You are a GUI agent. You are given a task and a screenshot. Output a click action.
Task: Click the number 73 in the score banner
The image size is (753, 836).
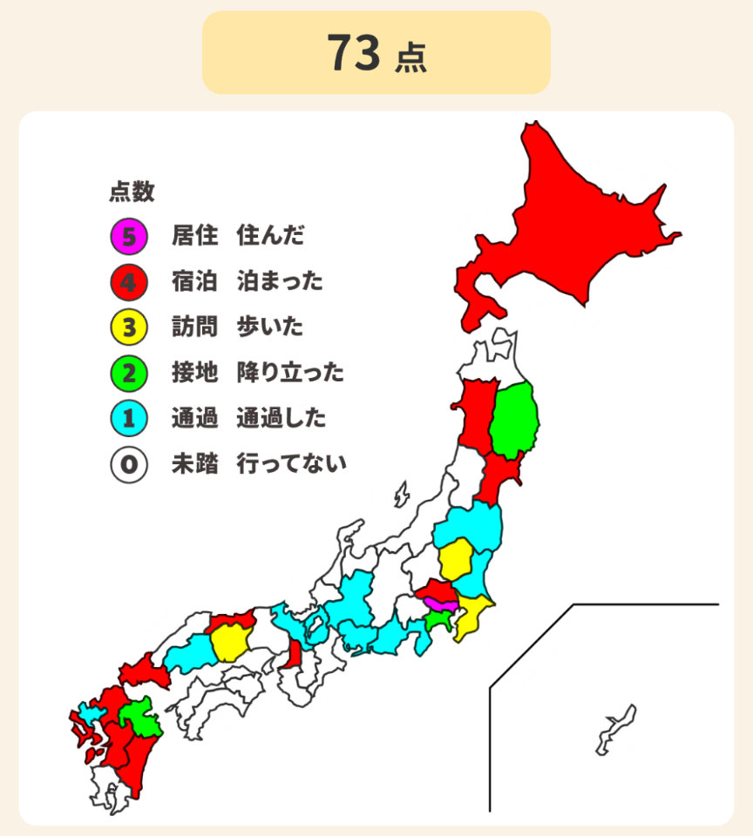coord(354,53)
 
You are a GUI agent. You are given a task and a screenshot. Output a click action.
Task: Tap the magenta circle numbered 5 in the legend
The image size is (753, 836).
coord(128,235)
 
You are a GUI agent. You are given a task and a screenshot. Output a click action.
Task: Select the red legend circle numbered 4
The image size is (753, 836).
coord(128,281)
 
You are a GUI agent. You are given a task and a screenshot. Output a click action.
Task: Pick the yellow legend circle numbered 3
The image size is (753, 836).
coord(128,327)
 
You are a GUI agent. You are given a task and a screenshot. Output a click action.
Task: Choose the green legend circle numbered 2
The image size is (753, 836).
coord(128,374)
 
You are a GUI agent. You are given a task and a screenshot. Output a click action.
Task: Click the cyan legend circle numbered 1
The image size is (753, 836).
coord(128,419)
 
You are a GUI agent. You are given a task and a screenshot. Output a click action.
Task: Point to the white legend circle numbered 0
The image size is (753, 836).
coord(128,464)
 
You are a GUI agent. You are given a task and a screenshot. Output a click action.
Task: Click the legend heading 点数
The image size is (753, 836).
coord(132,192)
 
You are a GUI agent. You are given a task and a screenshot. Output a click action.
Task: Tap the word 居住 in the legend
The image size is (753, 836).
coord(194,235)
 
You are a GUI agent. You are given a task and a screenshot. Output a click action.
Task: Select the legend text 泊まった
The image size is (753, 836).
coord(279,281)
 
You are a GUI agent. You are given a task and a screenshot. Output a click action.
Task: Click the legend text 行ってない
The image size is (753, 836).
coord(291,464)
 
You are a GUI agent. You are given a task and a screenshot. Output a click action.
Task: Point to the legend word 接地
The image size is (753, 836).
coord(194,374)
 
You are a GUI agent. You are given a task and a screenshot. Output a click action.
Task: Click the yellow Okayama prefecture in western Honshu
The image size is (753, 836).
coord(230,644)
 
